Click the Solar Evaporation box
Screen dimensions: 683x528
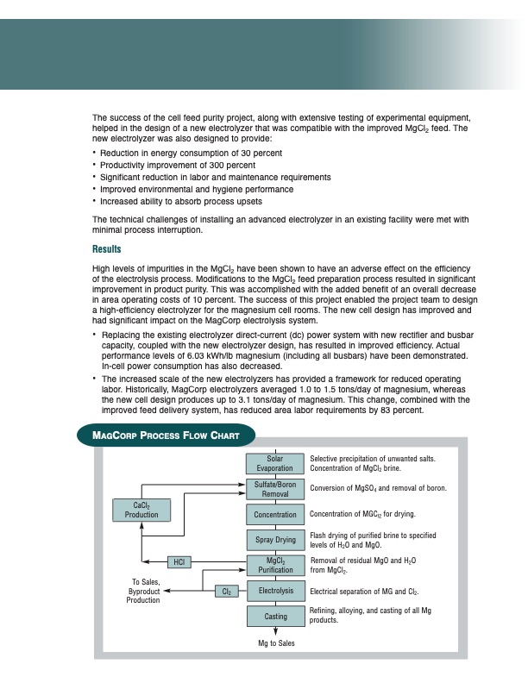tap(275, 463)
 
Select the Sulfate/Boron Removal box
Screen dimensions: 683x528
tap(275, 489)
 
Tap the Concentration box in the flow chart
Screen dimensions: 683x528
tap(275, 515)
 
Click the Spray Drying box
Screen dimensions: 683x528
tap(275, 541)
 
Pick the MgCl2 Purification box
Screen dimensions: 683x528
tap(275, 566)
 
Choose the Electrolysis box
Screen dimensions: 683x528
tap(275, 592)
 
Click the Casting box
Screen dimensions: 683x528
tap(275, 617)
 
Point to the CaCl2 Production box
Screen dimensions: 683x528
tap(141, 510)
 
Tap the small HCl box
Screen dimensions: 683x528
tap(179, 562)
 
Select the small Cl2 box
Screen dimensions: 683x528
tap(227, 592)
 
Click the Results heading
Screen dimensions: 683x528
tap(108, 250)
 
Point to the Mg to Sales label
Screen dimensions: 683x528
tap(276, 643)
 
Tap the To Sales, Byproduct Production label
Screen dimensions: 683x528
tap(143, 591)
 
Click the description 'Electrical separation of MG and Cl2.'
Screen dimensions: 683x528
tap(364, 592)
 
